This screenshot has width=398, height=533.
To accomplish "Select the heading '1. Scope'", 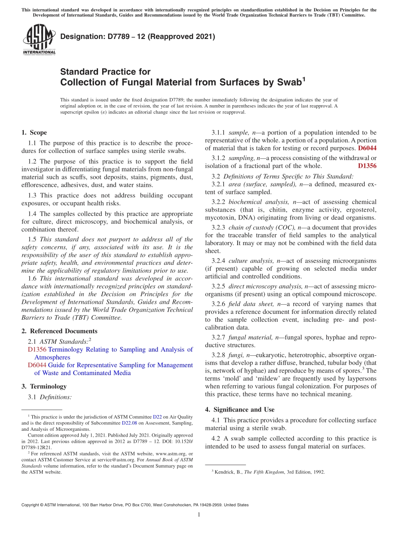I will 34,133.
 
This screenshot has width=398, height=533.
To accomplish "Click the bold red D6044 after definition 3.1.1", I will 367,148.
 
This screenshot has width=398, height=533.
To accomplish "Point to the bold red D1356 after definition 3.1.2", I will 367,166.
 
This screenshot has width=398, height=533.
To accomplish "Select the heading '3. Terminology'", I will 44,386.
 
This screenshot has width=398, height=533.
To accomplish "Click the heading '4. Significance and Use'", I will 240,410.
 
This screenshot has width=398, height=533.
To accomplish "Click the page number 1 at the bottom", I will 199,515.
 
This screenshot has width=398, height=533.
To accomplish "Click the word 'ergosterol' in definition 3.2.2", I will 362,210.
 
